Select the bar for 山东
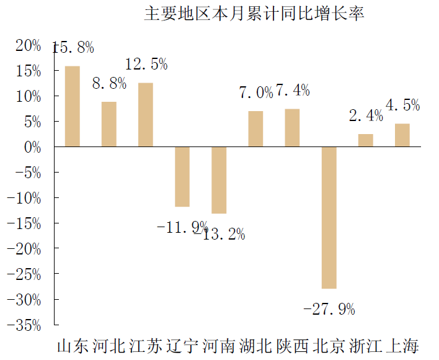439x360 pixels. pyautogui.click(x=73, y=106)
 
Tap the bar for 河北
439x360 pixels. pyautogui.click(x=109, y=124)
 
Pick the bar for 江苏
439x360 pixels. pyautogui.click(x=146, y=115)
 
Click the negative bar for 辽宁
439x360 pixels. pyautogui.click(x=182, y=177)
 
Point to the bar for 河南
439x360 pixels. pyautogui.click(x=219, y=180)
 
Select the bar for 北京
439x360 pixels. pyautogui.click(x=329, y=218)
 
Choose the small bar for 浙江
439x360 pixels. pyautogui.click(x=366, y=140)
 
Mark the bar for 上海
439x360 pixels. pyautogui.click(x=402, y=135)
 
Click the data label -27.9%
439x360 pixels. pyautogui.click(x=329, y=309)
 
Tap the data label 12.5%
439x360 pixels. pyautogui.click(x=146, y=64)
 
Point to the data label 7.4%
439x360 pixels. pyautogui.click(x=293, y=91)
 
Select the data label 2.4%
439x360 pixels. pyautogui.click(x=366, y=115)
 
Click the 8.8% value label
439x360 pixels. pyautogui.click(x=109, y=83)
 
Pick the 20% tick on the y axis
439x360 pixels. pyautogui.click(x=29, y=46)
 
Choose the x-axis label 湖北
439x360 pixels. pyautogui.click(x=255, y=346)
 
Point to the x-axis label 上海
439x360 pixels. pyautogui.click(x=402, y=346)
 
